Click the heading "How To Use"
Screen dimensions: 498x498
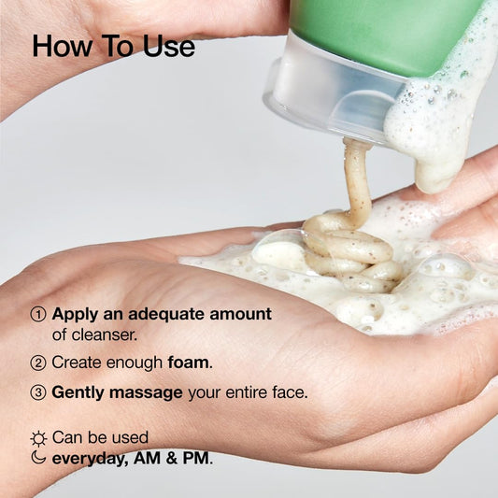tap(113, 46)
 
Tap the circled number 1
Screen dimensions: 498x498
tap(38, 314)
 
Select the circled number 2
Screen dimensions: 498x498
tap(38, 363)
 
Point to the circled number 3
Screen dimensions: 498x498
tap(38, 393)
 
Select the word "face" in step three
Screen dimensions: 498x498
tap(288, 393)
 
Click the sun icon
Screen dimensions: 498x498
tap(38, 437)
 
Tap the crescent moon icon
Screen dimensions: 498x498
tap(38, 458)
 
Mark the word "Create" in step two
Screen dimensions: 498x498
tap(79, 363)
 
